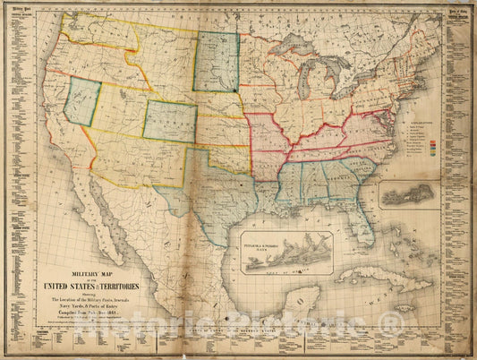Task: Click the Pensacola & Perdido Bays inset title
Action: click(x=285, y=236)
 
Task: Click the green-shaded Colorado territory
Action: click(x=169, y=121)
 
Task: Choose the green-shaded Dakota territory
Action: click(x=217, y=62)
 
